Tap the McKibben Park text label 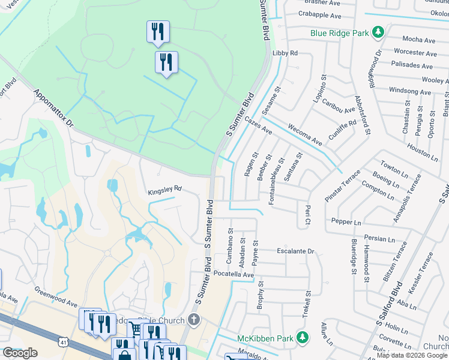[264, 338]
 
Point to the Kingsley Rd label [164, 192]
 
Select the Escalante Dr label [295, 251]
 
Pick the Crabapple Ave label [319, 16]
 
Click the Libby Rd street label [285, 53]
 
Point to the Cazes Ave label [259, 126]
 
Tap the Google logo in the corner [20, 353]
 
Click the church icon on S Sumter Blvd [194, 320]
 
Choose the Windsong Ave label [410, 92]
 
